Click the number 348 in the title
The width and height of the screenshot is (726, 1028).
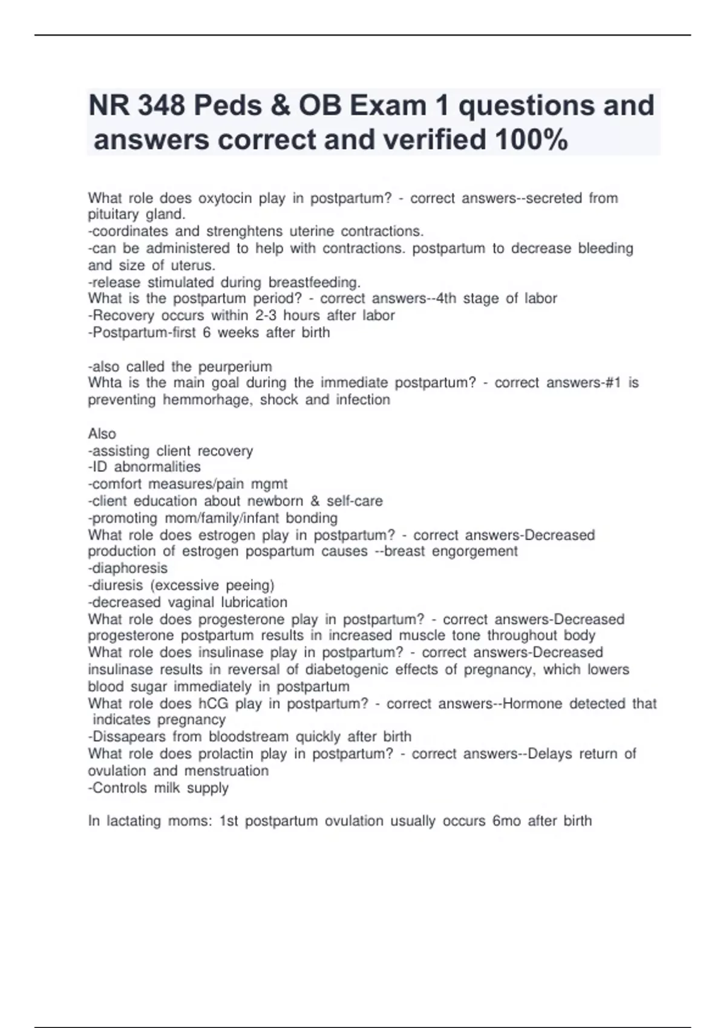pyautogui.click(x=162, y=106)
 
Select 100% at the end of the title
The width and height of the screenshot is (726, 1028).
pyautogui.click(x=531, y=140)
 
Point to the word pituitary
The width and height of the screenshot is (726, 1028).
pyautogui.click(x=113, y=215)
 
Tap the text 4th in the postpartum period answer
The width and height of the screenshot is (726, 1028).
pyautogui.click(x=446, y=299)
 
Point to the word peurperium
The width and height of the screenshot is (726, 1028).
pyautogui.click(x=235, y=366)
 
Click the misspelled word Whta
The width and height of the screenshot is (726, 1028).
pyautogui.click(x=104, y=383)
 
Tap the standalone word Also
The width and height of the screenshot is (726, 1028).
pyautogui.click(x=102, y=434)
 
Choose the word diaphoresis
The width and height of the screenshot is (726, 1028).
pyautogui.click(x=129, y=568)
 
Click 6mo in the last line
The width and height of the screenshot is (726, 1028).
pyautogui.click(x=506, y=821)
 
